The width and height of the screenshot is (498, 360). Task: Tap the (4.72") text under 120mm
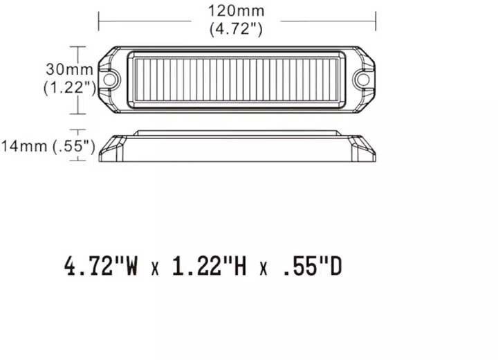click(236, 28)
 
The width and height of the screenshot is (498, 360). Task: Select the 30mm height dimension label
click(62, 69)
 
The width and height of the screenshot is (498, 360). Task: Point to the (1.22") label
click(68, 87)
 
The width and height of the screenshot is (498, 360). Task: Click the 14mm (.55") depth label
click(47, 145)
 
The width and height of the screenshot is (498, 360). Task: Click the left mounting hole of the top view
click(109, 80)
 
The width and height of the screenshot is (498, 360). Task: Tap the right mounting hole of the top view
click(362, 80)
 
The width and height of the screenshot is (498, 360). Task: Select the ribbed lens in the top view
click(236, 80)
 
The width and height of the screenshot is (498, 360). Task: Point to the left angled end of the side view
click(113, 147)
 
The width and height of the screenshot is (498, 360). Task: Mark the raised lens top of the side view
click(236, 133)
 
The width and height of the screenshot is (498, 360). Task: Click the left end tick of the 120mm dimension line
click(99, 20)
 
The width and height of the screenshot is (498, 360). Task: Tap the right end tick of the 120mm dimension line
click(374, 20)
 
